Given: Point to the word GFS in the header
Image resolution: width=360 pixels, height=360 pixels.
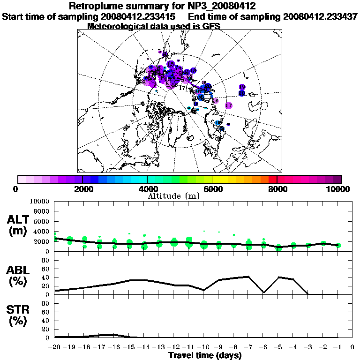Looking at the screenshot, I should [x=211, y=26].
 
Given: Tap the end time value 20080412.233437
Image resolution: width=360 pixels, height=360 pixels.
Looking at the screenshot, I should [x=321, y=16].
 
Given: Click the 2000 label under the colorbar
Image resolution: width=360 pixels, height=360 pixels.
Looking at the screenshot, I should [x=82, y=189].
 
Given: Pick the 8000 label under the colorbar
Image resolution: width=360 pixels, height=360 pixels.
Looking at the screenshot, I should [x=277, y=189].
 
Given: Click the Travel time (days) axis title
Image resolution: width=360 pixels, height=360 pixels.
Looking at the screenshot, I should [x=205, y=355].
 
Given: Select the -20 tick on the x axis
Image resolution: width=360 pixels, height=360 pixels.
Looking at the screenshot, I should [x=54, y=347].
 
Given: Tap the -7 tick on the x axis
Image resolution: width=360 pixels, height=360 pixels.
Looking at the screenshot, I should [x=248, y=347].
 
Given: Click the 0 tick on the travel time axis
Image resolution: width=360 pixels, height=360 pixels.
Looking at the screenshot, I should [x=352, y=347].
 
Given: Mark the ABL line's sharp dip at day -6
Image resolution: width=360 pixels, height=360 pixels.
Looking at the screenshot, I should [x=263, y=292].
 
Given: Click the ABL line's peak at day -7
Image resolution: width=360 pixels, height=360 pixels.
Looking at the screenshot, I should [x=248, y=277].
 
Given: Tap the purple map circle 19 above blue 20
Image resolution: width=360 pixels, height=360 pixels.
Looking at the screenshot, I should [x=242, y=87].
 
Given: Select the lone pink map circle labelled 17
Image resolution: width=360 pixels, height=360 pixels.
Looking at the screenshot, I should [x=229, y=105].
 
